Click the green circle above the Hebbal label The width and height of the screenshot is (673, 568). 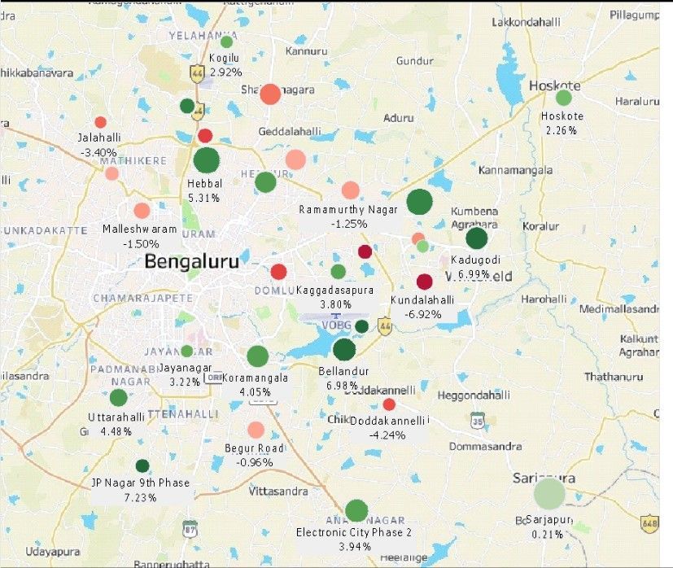pyautogui.click(x=207, y=160)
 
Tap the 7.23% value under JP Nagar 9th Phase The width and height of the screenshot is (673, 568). pyautogui.click(x=141, y=497)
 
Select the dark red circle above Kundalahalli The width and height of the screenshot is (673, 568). pyautogui.click(x=424, y=282)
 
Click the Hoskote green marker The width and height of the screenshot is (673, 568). pyautogui.click(x=563, y=98)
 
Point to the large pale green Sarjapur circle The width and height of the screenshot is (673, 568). pyautogui.click(x=549, y=493)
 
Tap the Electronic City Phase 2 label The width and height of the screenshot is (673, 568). pyautogui.click(x=354, y=532)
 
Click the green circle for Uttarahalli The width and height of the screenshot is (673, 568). pyautogui.click(x=118, y=398)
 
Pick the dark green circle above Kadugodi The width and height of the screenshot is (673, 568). pyautogui.click(x=476, y=238)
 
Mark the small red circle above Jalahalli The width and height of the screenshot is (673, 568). pyautogui.click(x=100, y=122)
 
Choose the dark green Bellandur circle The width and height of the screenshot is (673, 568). pyautogui.click(x=344, y=349)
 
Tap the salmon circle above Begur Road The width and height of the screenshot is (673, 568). pyautogui.click(x=256, y=430)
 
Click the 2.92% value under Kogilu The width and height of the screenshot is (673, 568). pyautogui.click(x=225, y=72)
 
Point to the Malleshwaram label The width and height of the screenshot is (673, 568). pyautogui.click(x=139, y=229)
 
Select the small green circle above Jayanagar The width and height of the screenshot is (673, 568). pyautogui.click(x=186, y=351)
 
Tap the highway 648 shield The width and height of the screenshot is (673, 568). pyautogui.click(x=649, y=522)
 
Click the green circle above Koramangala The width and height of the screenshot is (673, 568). pyautogui.click(x=257, y=356)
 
